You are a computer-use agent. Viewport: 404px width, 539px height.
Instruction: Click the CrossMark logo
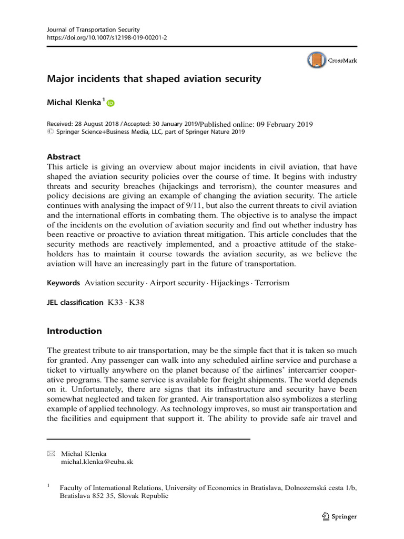pyautogui.click(x=332, y=61)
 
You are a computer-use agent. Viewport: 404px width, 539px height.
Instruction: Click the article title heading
pyautogui.click(x=154, y=79)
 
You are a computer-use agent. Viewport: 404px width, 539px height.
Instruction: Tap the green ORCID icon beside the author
pyautogui.click(x=110, y=104)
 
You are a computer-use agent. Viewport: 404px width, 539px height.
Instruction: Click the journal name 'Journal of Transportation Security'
pyautogui.click(x=94, y=29)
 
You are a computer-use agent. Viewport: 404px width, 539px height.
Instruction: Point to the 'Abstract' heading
pyautogui.click(x=64, y=156)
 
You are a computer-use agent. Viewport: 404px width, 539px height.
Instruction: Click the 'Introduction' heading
pyautogui.click(x=74, y=331)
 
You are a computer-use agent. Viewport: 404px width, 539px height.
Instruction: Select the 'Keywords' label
pyautogui.click(x=63, y=283)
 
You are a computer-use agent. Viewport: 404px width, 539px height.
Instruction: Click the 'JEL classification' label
pyautogui.click(x=75, y=302)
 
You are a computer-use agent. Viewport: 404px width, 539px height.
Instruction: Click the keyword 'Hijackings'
pyautogui.click(x=229, y=283)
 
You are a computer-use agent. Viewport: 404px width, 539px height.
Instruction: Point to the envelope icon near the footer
pyautogui.click(x=50, y=453)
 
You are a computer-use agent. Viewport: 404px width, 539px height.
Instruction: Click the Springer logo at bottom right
pyautogui.click(x=339, y=516)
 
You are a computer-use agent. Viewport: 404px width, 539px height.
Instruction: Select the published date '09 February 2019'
pyautogui.click(x=285, y=125)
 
